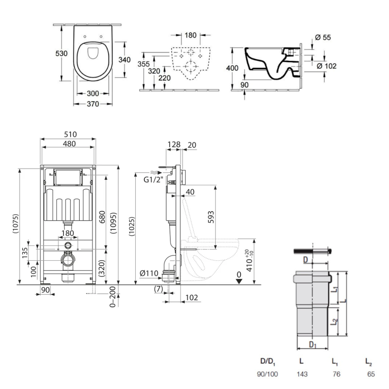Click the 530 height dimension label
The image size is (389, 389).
tap(61, 53)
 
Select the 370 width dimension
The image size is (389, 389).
tap(93, 104)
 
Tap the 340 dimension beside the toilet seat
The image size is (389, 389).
tap(124, 60)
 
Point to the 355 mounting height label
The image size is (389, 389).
tap(144, 64)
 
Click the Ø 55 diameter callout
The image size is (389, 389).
tap(323, 37)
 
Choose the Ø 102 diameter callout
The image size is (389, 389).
tap(326, 66)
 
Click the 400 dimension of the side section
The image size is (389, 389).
tap(232, 68)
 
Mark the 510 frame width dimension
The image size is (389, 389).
tap(70, 134)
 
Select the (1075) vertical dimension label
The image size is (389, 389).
tap(16, 224)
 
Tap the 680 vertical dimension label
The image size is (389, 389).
tap(102, 217)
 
